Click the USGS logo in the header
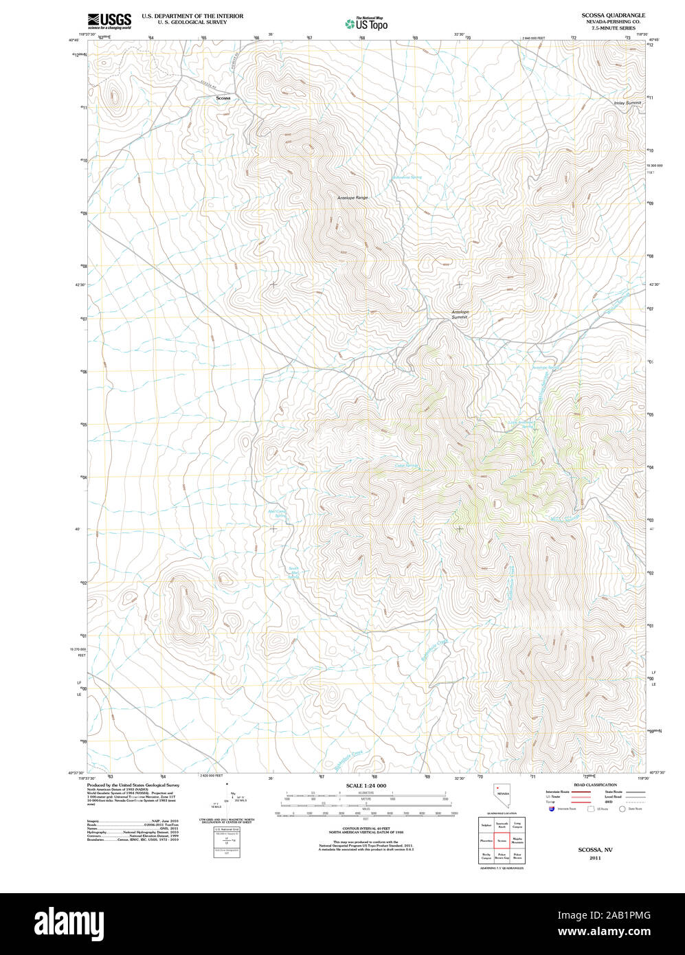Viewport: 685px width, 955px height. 109,21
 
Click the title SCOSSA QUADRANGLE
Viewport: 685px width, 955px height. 614,14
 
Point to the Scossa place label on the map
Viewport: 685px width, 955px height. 223,98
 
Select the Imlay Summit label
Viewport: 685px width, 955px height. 627,102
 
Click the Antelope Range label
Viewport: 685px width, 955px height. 352,198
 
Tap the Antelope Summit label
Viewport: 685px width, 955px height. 460,315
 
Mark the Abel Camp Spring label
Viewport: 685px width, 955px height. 275,513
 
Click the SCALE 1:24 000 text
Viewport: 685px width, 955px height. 366,785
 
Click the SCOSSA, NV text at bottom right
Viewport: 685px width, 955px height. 595,850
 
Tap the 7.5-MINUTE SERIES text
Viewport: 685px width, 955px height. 614,28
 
